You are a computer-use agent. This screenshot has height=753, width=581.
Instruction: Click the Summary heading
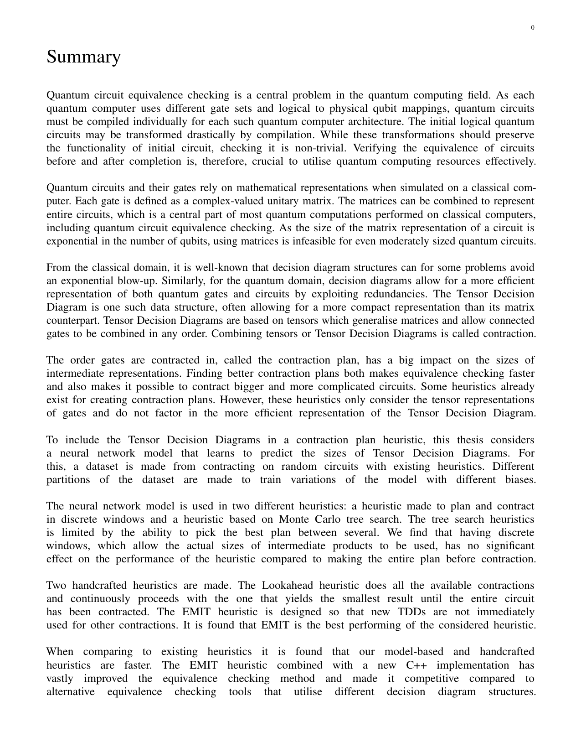(x=83, y=57)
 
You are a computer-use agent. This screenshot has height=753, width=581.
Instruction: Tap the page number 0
(x=533, y=28)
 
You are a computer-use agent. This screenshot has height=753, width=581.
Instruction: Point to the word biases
(x=520, y=479)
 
